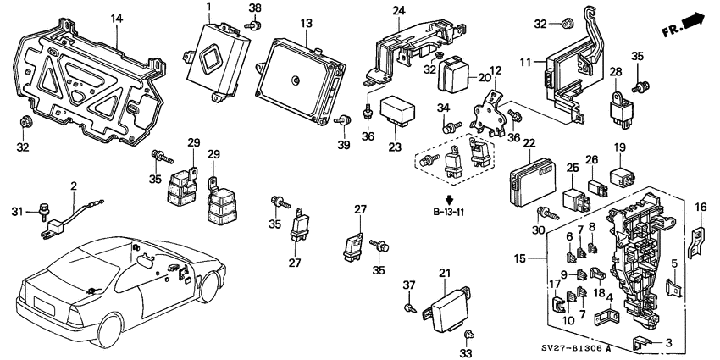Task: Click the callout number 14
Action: pyautogui.click(x=116, y=18)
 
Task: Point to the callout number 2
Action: pyautogui.click(x=74, y=186)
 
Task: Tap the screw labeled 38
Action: pyautogui.click(x=252, y=25)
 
